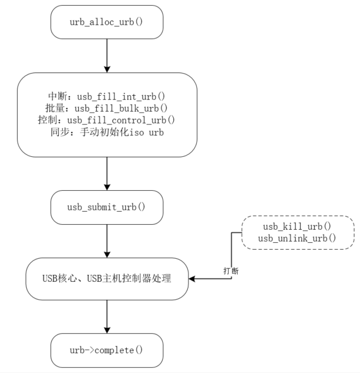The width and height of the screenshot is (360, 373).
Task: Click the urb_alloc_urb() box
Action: (x=107, y=23)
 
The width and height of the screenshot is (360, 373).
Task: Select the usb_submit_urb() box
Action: (x=107, y=207)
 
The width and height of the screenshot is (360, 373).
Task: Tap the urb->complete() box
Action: (x=107, y=350)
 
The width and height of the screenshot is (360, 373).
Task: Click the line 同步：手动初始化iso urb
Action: (x=107, y=131)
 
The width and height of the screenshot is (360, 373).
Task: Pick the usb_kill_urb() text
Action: (x=297, y=226)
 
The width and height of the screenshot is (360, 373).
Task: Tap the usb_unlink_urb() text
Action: (x=297, y=238)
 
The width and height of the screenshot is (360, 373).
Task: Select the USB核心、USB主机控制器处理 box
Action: (x=107, y=278)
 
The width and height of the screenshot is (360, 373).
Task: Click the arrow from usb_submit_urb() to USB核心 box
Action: (x=107, y=241)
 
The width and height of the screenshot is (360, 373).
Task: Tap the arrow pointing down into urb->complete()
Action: (x=107, y=316)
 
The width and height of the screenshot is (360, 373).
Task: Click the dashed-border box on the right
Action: (x=297, y=232)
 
